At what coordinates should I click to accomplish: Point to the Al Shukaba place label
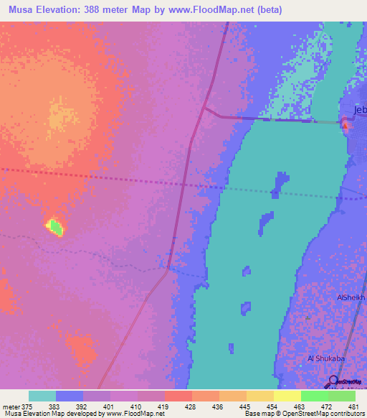[x=325, y=358]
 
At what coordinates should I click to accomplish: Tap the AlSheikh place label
[x=351, y=297]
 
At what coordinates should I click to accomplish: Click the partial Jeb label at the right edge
[x=359, y=110]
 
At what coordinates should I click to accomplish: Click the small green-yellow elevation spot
[x=55, y=228]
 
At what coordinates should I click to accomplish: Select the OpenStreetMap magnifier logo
[x=333, y=381]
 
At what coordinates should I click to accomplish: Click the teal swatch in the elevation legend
[x=42, y=396]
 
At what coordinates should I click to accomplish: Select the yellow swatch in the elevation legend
[x=287, y=396]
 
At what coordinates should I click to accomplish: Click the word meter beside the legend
[x=11, y=406]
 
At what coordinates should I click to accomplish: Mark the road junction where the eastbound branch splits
[x=204, y=108]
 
